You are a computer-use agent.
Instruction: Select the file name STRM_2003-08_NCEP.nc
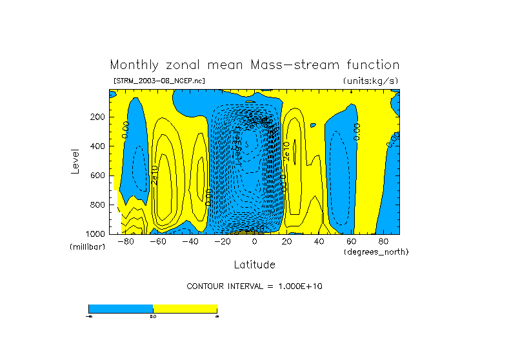coord(159,81)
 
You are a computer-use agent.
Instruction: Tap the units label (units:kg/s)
coord(370,81)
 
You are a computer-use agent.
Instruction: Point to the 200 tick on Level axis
coord(98,117)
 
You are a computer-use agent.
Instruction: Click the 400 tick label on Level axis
coord(98,146)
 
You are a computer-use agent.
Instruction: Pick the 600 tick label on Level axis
coord(98,175)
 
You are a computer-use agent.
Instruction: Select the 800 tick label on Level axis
coord(98,205)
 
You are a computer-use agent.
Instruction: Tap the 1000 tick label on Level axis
coord(96,234)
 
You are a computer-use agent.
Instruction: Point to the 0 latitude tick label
coord(255,241)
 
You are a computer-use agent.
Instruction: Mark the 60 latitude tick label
coord(352,241)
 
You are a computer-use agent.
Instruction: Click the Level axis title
coord(75,161)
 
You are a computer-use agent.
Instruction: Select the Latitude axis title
coord(254,265)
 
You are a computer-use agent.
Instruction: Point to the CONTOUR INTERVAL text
coord(254,286)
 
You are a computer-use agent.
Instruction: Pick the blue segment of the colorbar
coord(121,308)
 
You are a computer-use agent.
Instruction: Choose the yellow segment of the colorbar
coord(185,308)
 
